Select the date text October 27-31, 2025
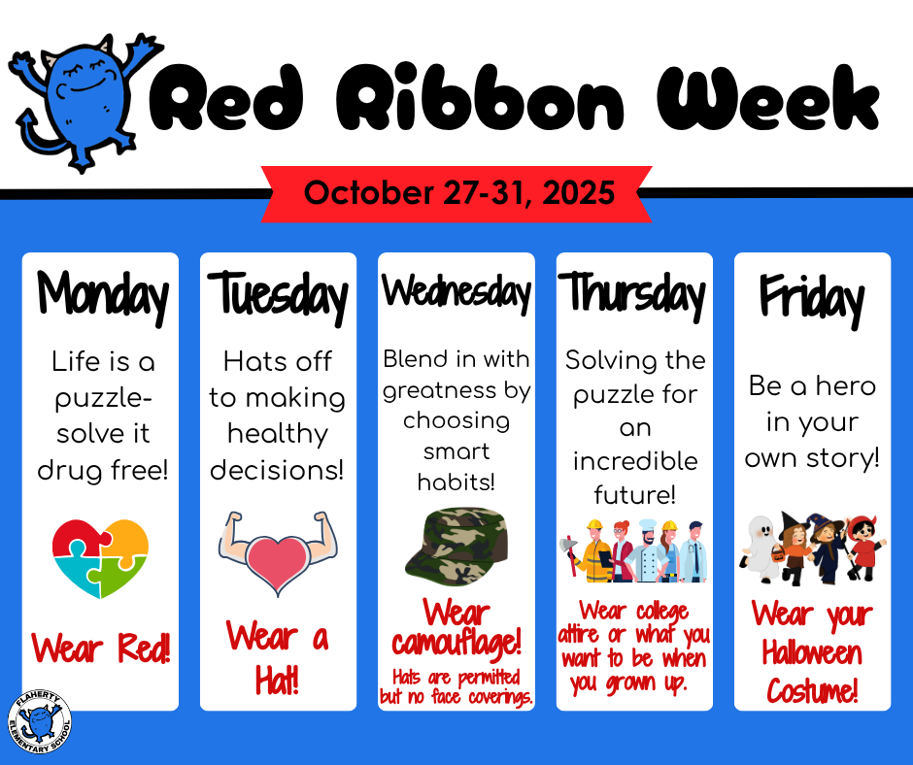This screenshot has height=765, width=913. (x=459, y=192)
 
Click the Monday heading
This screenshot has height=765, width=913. (x=102, y=293)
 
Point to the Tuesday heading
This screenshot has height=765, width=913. (x=278, y=295)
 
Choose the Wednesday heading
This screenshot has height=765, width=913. (x=456, y=291)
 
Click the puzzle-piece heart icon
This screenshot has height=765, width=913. (x=100, y=559)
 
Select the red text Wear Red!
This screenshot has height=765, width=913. (x=101, y=648)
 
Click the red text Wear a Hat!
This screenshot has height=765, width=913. (x=278, y=657)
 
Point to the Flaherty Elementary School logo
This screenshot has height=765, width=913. (x=40, y=723)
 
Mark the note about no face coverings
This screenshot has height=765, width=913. (x=456, y=686)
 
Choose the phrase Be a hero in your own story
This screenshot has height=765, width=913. (x=812, y=421)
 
